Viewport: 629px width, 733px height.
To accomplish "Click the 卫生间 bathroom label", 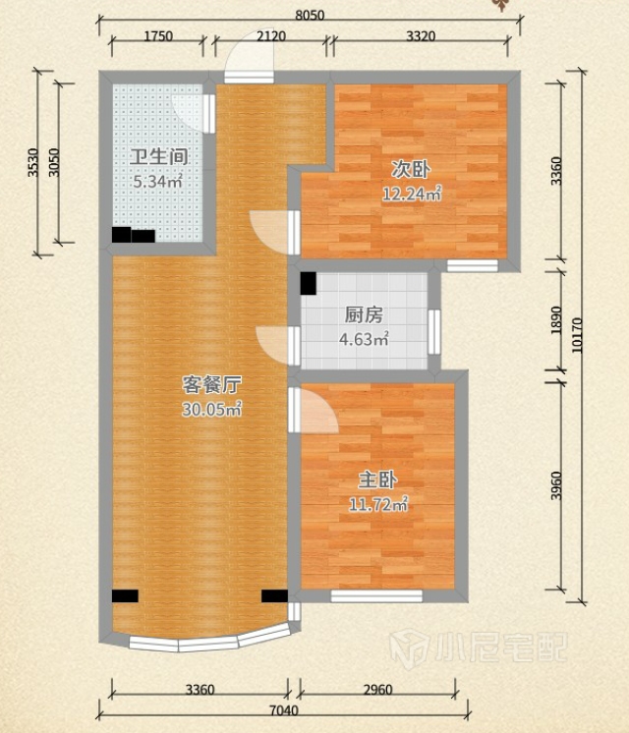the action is point(159,156).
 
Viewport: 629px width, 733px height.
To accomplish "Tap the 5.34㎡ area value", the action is point(157,182).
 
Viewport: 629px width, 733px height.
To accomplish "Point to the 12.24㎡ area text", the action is point(412,194).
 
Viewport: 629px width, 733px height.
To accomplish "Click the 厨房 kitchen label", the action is point(364,315).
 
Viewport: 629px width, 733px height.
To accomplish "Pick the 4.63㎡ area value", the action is point(364,339).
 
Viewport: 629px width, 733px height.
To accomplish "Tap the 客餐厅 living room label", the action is point(211,385).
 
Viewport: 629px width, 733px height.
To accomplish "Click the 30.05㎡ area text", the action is point(211,410).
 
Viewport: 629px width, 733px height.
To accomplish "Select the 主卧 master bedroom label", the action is point(378,480).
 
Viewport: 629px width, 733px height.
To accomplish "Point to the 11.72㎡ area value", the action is point(378,504).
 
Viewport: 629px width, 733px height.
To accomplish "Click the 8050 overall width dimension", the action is point(310,16).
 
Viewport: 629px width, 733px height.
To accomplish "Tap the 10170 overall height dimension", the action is point(577,335).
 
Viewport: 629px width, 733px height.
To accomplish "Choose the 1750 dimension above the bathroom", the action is point(158,36).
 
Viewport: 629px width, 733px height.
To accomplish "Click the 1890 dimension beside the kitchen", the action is point(555,320).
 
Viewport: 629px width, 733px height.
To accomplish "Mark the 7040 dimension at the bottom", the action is point(284,710).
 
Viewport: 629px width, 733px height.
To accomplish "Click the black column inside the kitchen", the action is point(309,283).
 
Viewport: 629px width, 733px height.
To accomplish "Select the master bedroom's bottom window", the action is point(376,595).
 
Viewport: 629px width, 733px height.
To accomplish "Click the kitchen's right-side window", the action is point(434,332).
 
